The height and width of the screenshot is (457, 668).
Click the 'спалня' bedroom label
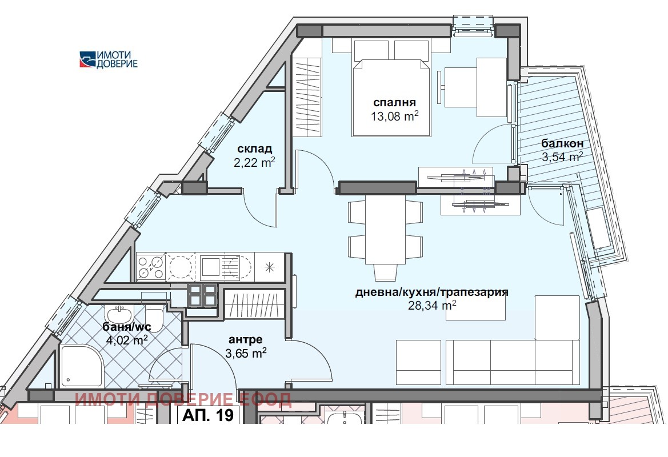[x=394, y=103]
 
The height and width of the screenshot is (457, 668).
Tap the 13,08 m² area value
[x=394, y=116]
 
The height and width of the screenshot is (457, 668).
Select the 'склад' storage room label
[x=254, y=149]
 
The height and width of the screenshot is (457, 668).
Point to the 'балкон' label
[x=562, y=143]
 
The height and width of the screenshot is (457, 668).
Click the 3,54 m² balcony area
[x=562, y=157]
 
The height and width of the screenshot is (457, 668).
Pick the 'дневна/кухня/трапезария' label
[x=432, y=292]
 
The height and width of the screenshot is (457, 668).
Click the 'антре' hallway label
[x=245, y=339]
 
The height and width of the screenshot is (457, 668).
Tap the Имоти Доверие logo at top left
[x=109, y=59]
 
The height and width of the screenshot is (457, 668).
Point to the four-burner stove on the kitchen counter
[x=150, y=267]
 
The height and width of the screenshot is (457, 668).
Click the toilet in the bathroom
[x=154, y=318]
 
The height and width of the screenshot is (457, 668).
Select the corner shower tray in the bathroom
[x=81, y=366]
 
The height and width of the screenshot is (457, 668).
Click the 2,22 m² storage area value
[x=254, y=162]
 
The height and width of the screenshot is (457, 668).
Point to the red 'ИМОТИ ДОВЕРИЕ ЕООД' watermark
[x=183, y=399]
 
